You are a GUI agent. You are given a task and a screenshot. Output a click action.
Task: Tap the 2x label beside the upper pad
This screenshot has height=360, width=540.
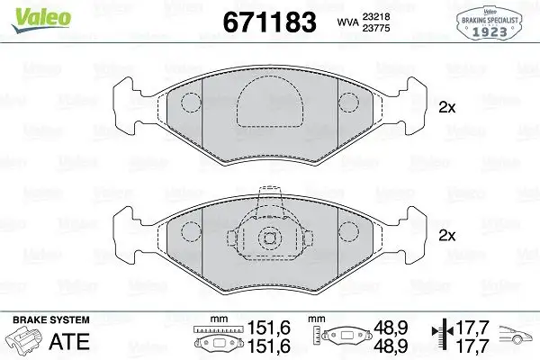[x=446, y=108]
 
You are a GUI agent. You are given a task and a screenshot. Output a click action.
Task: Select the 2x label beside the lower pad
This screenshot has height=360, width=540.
[x=446, y=237]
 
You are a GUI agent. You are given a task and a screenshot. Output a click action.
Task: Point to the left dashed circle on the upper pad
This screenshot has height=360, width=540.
[x=190, y=102]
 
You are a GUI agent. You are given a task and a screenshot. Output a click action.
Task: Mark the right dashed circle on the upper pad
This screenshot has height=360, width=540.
[x=348, y=102]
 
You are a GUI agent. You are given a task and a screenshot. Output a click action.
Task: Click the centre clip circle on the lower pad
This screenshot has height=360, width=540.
[x=269, y=238]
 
